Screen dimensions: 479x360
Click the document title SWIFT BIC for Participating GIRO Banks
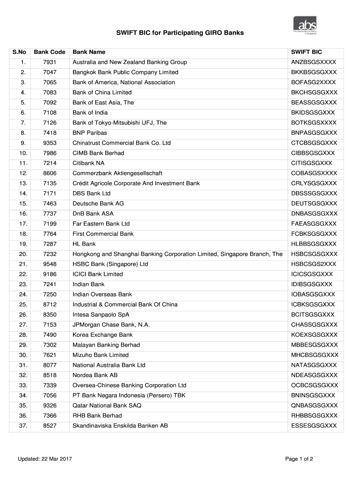(180, 34)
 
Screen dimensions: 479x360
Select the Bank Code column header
(50, 52)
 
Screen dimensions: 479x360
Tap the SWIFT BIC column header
(306, 52)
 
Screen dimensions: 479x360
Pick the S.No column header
(20, 52)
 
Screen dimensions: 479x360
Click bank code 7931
(50, 62)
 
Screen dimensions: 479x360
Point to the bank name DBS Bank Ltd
(91, 193)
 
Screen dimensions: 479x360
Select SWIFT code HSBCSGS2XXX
(313, 264)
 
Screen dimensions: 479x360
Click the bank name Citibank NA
(88, 163)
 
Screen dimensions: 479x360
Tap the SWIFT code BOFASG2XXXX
(313, 82)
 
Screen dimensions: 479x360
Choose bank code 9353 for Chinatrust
(50, 143)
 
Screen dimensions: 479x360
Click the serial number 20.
(23, 254)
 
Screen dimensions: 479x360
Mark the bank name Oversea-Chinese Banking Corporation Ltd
(129, 385)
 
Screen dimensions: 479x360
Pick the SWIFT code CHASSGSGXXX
(314, 325)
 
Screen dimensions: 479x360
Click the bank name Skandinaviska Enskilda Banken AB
(120, 426)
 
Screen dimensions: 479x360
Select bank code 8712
(50, 305)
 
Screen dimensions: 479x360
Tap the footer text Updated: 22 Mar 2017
(45, 459)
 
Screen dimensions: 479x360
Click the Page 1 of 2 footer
(299, 459)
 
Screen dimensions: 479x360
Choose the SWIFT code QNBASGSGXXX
(314, 406)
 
